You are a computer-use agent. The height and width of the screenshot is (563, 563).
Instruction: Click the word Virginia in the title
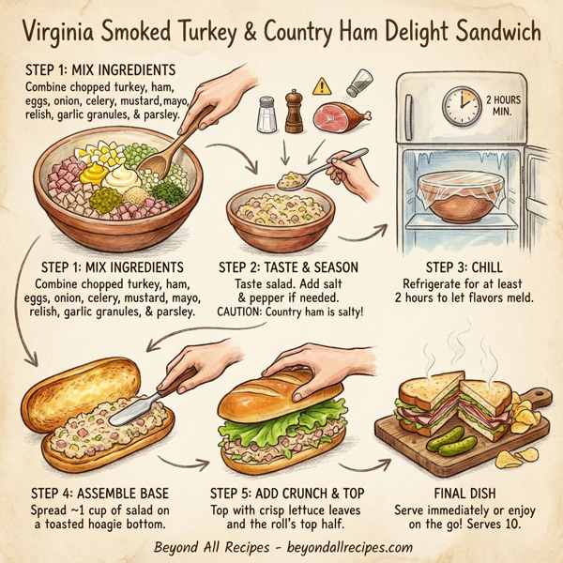pos(63,35)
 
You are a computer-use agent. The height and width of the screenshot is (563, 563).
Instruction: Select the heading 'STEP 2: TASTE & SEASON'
pos(287,266)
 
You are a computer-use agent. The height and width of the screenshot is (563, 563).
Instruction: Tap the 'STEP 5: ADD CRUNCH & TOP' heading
pos(287,492)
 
